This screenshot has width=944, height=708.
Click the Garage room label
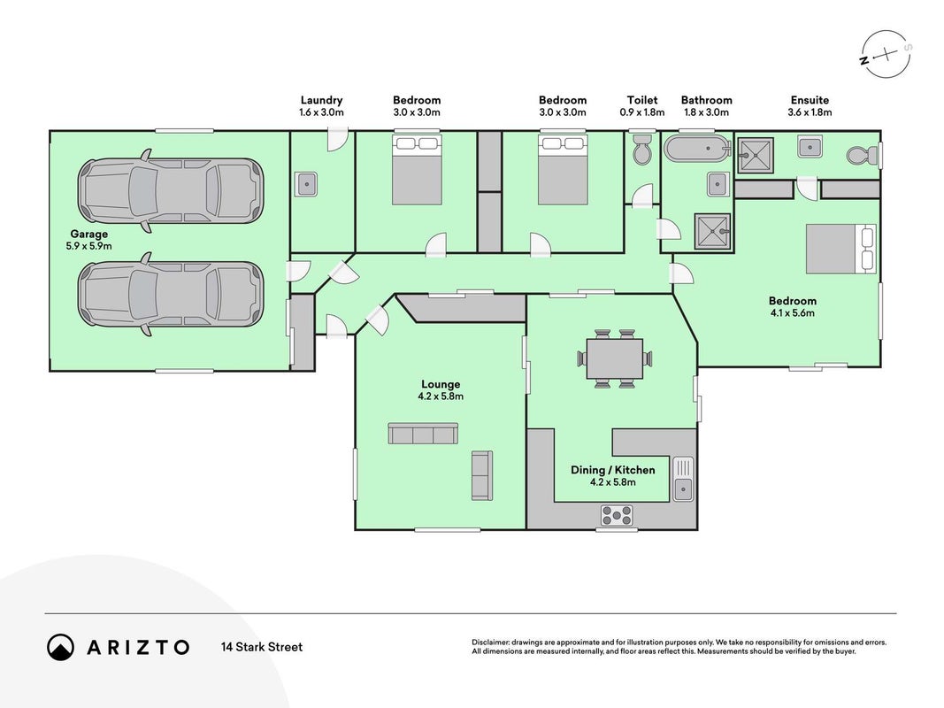[89, 235]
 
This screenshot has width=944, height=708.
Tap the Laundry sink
[306, 183]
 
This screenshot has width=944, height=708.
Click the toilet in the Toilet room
[641, 150]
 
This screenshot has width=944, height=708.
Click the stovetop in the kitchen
[617, 515]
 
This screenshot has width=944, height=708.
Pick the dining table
[615, 358]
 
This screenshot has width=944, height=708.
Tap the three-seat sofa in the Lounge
[423, 434]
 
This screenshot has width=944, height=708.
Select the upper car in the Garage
[170, 190]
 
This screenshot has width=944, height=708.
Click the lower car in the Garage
[170, 294]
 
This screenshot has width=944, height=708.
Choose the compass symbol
[885, 55]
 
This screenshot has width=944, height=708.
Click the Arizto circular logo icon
[60, 647]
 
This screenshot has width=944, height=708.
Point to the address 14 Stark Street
[262, 647]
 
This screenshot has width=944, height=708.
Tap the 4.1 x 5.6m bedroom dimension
[793, 313]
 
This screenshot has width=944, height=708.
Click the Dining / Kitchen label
[613, 470]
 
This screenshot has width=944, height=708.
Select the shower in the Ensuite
[756, 156]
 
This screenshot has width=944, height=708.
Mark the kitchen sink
[683, 479]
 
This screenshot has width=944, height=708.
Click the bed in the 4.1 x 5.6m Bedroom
[841, 249]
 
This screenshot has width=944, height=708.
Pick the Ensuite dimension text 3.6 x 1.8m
[810, 112]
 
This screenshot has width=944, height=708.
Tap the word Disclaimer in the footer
[490, 643]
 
